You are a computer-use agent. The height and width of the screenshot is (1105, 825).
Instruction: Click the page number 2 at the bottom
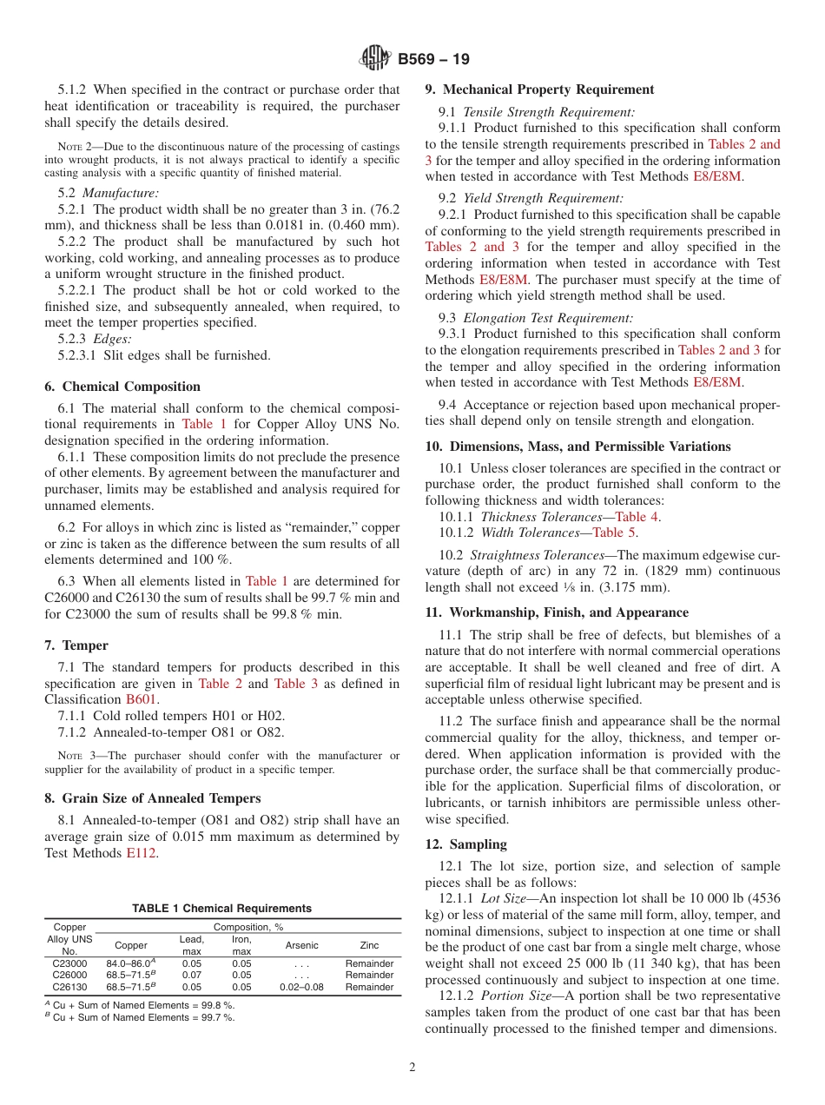412,1068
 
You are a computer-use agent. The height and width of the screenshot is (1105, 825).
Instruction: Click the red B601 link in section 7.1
142,698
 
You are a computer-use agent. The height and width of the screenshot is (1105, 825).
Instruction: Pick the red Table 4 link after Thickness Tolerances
637,517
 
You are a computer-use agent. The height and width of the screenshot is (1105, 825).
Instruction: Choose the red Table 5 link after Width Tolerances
614,533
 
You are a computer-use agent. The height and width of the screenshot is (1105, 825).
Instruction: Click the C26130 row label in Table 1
69,987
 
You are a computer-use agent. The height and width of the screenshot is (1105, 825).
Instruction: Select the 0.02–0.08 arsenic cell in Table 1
301,987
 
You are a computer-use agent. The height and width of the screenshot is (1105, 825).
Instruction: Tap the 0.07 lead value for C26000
191,975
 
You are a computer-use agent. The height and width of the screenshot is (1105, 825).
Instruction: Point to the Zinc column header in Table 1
369,945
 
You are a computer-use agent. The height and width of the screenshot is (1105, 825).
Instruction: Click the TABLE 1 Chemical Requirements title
221,908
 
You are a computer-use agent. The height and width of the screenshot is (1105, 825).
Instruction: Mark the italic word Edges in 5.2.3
113,339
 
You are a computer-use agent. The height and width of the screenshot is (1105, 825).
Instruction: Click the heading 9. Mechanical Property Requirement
539,89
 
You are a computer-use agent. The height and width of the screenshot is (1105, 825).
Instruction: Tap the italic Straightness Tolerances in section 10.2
525,555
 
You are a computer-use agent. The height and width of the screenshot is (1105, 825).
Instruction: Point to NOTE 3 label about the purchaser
73,756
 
